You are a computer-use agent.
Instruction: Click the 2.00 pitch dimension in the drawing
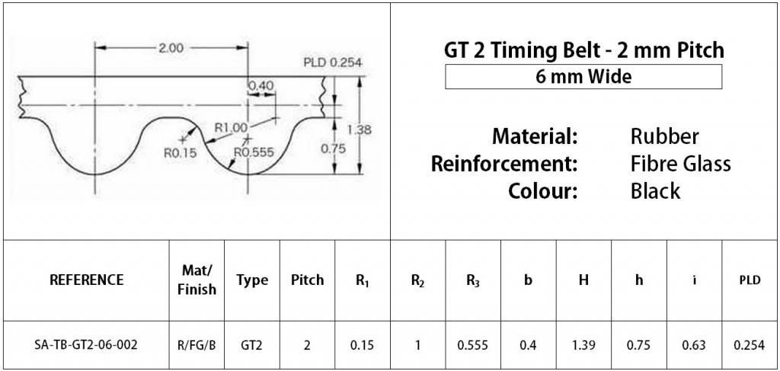[x=171, y=48]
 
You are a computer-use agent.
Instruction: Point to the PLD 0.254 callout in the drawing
[x=332, y=63]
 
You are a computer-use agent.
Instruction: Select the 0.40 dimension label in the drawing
[x=261, y=86]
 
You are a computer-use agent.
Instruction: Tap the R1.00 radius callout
[x=230, y=127]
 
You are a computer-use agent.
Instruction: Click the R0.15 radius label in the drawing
[x=181, y=153]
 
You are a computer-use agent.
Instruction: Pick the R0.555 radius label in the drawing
[x=254, y=152]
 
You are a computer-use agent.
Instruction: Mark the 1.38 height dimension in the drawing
[x=360, y=130]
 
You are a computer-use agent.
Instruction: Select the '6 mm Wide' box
[x=583, y=77]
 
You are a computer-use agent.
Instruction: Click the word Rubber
[x=664, y=136]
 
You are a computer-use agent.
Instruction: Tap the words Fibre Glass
[x=680, y=164]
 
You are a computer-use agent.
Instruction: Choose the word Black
[x=655, y=191]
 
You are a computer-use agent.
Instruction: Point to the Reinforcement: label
[x=504, y=164]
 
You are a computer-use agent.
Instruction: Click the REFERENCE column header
[x=87, y=280]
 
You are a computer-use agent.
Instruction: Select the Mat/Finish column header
[x=197, y=280]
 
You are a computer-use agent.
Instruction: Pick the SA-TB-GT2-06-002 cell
[x=86, y=345]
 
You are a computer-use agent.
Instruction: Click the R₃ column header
[x=473, y=281]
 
